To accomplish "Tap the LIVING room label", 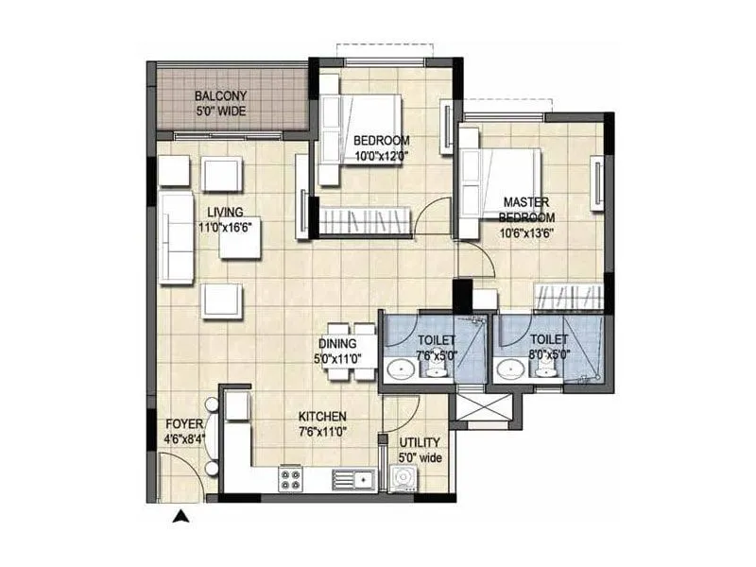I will click(x=226, y=212).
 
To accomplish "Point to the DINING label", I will click(x=337, y=344).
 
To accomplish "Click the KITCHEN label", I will click(x=322, y=416).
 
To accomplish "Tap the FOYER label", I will click(x=183, y=423).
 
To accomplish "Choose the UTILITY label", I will click(x=419, y=442).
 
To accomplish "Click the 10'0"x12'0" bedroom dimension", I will click(x=379, y=156).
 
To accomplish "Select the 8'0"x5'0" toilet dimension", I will click(x=548, y=356).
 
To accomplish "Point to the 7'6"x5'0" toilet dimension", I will click(x=436, y=356).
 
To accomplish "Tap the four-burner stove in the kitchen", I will click(x=290, y=479).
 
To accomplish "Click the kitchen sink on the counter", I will click(x=352, y=479).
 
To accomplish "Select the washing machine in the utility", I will click(x=404, y=478).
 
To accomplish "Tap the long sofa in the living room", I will click(x=176, y=236).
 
